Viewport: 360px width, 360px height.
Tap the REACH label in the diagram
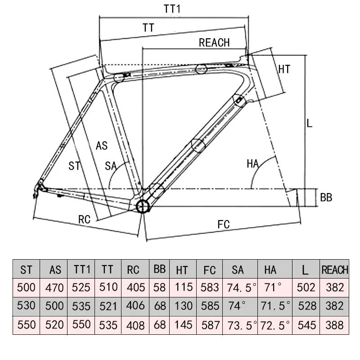(x=214, y=43)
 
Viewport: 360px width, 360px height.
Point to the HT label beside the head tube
(x=284, y=69)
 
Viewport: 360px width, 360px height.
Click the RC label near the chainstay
(x=85, y=220)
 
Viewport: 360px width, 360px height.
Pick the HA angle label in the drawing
(x=253, y=164)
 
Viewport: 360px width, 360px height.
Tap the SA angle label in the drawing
(x=111, y=166)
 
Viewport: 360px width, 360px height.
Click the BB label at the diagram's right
(x=326, y=197)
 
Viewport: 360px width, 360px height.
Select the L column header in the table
(x=306, y=270)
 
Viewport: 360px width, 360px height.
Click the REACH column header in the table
(x=334, y=270)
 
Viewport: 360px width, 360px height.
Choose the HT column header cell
(x=182, y=270)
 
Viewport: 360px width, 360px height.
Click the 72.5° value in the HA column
(x=274, y=324)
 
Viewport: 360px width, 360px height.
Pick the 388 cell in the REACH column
(x=334, y=324)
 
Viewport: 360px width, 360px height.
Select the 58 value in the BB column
(x=159, y=287)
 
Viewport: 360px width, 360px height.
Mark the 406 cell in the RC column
(x=135, y=306)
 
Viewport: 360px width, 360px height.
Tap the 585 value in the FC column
(x=210, y=306)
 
